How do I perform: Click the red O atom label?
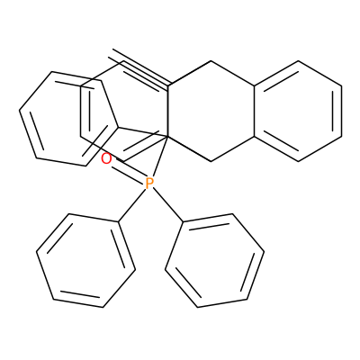106,158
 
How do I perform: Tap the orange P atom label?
149,184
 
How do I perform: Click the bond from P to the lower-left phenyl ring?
132,205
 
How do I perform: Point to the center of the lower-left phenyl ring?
85,260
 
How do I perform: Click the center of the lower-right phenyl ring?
214,260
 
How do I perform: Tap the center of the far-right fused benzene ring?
298,112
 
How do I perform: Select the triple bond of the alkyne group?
139,68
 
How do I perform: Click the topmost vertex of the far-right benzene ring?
298,61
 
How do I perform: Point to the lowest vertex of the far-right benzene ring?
298,161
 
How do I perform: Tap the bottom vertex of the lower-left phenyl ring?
103,307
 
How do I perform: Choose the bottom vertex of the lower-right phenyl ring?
198,307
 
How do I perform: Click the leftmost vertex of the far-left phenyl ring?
20,111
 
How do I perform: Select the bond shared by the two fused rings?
255,112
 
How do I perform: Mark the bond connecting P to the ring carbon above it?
159,157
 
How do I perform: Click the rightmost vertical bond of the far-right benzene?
341,112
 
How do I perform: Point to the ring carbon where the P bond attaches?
167,137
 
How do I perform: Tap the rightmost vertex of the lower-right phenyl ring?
264,251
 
